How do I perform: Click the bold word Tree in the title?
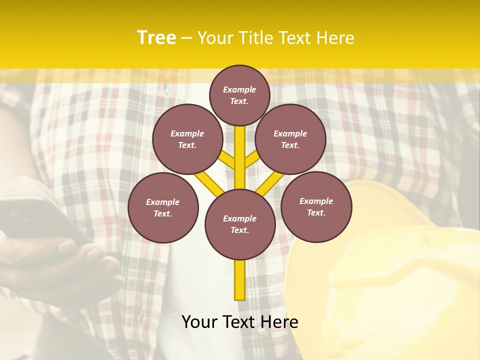[x=156, y=38]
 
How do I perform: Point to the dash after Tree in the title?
[x=186, y=38]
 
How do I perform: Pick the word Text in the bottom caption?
[x=240, y=322]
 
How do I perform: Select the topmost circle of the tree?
[x=239, y=95]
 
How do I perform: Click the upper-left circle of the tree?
[x=187, y=139]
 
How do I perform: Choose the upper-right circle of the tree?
[x=290, y=139]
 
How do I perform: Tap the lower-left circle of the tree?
[x=163, y=207]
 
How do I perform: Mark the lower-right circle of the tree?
[x=316, y=206]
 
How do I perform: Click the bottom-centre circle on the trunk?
[x=240, y=224]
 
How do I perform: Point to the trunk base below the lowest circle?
[x=240, y=280]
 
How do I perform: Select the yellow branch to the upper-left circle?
[x=227, y=161]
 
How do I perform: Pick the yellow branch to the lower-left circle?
[x=209, y=183]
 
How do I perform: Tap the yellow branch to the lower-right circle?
[x=270, y=183]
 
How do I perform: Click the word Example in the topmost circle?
[x=239, y=89]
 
